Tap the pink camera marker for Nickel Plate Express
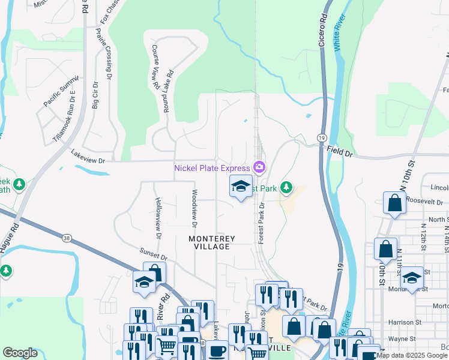(259, 166)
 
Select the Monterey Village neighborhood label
(212, 239)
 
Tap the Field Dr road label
(340, 152)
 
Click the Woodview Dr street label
(194, 209)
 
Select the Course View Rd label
(155, 67)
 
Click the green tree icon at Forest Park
(286, 188)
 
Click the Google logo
(20, 353)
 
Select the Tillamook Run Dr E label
(64, 120)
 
